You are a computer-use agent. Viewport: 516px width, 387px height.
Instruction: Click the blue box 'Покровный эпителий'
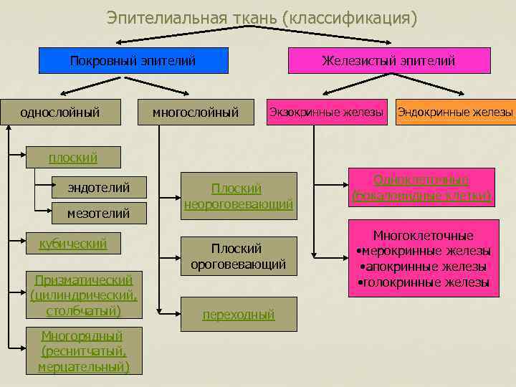click(133, 61)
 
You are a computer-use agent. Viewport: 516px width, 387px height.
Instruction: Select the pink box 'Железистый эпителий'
click(388, 61)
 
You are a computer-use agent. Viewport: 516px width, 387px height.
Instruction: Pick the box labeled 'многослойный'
click(196, 112)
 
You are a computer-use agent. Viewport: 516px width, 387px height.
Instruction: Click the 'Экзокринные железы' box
click(326, 112)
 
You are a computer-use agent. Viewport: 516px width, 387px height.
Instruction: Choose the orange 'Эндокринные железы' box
click(455, 112)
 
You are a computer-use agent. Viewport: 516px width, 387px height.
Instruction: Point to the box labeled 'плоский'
click(72, 158)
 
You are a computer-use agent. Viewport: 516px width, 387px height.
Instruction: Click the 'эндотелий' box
click(99, 188)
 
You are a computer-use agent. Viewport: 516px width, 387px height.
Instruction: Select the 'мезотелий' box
click(99, 213)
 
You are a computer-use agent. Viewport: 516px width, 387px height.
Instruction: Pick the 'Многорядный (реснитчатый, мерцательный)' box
click(83, 351)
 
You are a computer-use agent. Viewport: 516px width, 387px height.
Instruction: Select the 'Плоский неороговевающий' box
click(238, 196)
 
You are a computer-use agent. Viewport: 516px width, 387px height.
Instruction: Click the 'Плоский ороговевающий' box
click(238, 256)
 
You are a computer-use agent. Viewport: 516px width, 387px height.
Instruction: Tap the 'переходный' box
click(238, 314)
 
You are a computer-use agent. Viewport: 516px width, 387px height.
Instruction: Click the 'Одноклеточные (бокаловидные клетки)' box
click(421, 187)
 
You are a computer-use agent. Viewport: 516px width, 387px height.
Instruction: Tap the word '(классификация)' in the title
click(350, 17)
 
